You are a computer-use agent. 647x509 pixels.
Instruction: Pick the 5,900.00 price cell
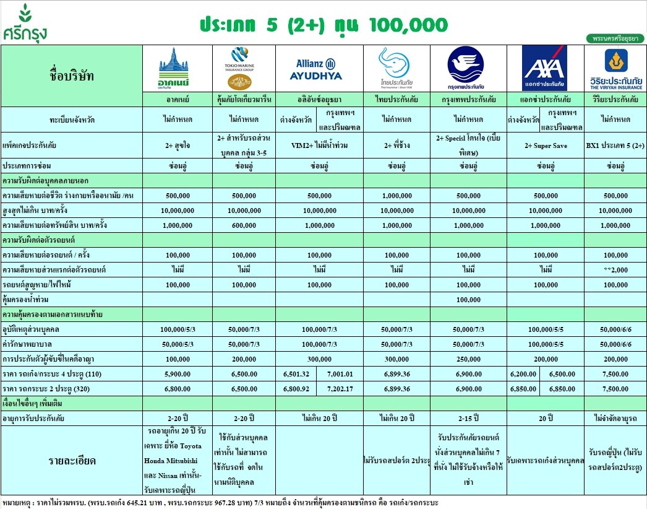point(177,374)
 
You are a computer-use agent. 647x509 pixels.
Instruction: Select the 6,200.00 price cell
point(523,374)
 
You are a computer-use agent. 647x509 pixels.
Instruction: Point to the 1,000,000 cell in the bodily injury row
point(396,195)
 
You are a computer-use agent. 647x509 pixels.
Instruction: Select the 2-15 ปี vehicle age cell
point(468,418)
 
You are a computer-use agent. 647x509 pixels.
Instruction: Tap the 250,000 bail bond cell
point(468,359)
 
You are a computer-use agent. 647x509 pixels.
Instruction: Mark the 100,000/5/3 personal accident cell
point(177,329)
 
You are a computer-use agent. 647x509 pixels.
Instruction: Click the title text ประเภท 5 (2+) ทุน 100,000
point(323,25)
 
